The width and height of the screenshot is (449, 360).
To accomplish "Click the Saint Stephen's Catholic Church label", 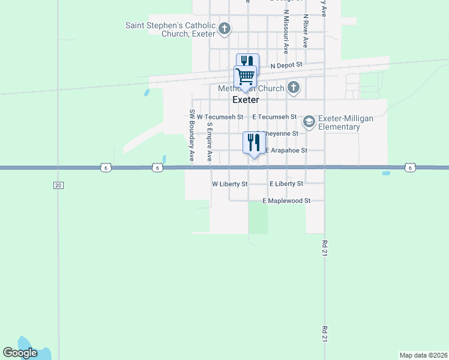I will [170, 29].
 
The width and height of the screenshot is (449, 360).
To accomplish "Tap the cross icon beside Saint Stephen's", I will [224, 28].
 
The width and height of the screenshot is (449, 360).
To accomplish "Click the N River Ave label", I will [306, 32].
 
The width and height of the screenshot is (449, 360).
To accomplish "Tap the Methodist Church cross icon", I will [293, 88].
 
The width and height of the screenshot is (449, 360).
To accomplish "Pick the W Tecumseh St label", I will [220, 117].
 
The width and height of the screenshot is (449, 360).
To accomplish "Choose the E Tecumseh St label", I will [274, 116].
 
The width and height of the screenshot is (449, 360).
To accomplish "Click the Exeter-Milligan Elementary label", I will [346, 122].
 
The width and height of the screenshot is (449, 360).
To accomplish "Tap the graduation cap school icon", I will [309, 122].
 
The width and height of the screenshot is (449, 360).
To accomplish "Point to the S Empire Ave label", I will [209, 142].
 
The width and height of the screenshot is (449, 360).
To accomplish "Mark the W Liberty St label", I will [230, 184].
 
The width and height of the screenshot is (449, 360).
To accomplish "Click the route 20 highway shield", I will [58, 185].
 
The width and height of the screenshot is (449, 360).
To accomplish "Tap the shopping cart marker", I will [245, 77].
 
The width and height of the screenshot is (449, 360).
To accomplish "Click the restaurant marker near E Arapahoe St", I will [253, 143].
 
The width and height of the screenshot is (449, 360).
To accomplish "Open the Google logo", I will [20, 353].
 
